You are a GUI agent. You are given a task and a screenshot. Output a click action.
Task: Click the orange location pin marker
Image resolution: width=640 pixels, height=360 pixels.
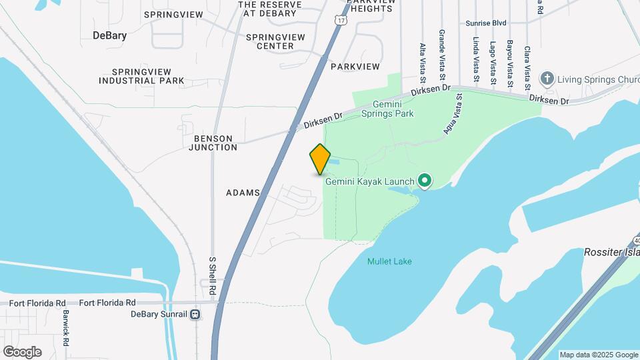(320, 159)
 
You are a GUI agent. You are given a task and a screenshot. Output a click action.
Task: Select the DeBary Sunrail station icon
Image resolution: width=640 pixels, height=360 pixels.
(195, 314)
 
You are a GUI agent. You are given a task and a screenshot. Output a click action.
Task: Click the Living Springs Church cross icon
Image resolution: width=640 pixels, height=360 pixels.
(547, 79)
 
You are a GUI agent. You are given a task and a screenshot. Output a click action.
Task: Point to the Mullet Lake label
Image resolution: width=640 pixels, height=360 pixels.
(389, 261)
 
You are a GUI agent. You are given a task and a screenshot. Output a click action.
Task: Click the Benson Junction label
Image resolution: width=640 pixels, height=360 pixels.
(213, 143)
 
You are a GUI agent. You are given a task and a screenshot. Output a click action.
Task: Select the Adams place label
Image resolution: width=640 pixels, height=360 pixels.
(243, 193)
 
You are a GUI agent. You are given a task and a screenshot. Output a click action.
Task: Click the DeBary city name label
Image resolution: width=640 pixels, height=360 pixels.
(110, 35)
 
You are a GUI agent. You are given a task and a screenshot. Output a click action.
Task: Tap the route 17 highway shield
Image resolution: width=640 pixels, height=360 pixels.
(341, 21)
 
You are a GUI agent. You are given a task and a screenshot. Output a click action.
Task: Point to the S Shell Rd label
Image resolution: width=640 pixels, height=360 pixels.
(213, 277)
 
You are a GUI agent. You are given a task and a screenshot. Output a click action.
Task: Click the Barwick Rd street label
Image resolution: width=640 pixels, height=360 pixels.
(66, 328)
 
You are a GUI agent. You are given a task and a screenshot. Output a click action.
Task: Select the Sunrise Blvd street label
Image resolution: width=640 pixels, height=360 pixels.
(486, 23)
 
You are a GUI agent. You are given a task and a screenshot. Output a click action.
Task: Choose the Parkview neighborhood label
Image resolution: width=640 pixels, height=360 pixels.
(355, 67)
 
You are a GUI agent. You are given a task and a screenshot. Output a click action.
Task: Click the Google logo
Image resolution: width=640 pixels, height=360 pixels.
(22, 351)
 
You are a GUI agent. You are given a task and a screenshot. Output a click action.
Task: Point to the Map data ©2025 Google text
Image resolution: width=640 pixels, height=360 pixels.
(599, 355)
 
